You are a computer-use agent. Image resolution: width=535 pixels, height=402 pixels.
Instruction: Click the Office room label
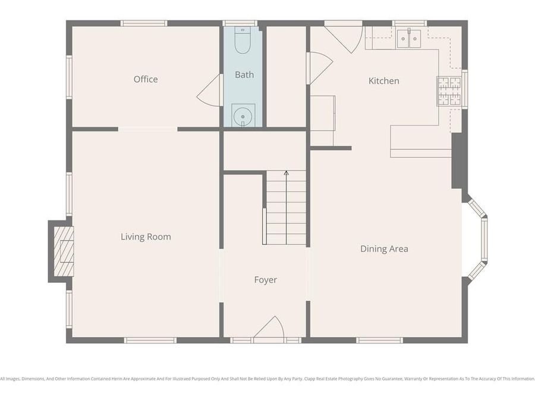[146, 79]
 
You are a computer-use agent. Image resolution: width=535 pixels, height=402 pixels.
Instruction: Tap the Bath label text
[244, 74]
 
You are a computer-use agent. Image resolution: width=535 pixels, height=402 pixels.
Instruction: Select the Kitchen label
[383, 80]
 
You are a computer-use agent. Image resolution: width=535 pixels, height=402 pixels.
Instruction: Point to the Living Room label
[146, 236]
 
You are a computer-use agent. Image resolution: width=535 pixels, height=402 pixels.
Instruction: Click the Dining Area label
[384, 249]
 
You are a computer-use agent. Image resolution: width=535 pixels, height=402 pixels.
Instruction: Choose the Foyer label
[265, 279]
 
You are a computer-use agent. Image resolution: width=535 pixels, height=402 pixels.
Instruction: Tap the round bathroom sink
[243, 116]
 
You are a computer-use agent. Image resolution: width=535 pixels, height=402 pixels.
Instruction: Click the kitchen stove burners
[449, 91]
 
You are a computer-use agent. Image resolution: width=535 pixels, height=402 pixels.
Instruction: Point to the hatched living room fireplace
[64, 251]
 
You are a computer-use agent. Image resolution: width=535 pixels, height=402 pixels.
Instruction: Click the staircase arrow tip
[286, 173]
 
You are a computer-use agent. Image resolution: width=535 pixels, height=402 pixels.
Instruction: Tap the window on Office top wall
[143, 23]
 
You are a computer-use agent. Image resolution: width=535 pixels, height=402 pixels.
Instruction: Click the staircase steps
[286, 208]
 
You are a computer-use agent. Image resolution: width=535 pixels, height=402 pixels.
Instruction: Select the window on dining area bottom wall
[379, 340]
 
